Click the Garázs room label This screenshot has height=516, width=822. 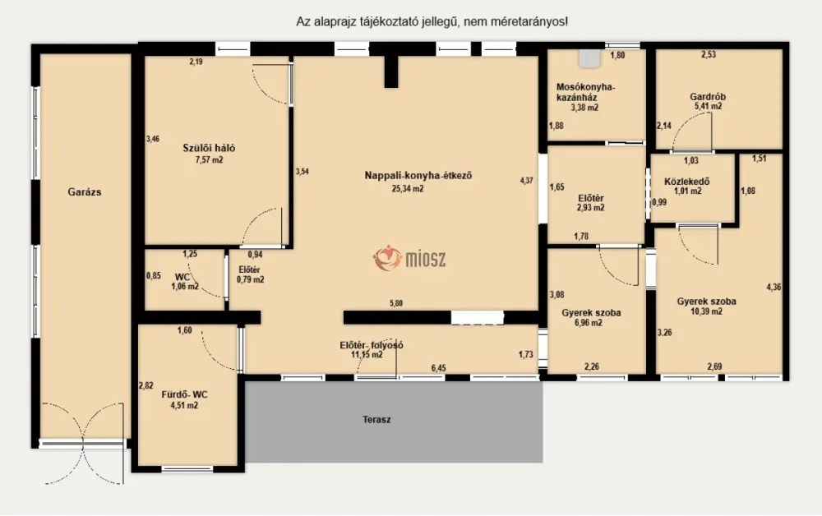(x=85, y=191)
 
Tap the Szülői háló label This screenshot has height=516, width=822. (x=209, y=148)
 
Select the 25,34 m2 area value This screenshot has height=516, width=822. (x=408, y=189)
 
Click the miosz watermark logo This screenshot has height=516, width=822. (x=409, y=258)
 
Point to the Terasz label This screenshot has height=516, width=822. (x=376, y=420)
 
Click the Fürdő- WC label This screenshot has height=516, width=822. (x=184, y=394)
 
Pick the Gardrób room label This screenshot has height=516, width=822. (x=708, y=96)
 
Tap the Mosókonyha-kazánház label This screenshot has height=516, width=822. (x=585, y=92)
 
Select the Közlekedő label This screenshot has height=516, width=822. (x=686, y=182)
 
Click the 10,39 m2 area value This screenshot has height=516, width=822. (x=706, y=311)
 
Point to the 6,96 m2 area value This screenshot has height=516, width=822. (x=589, y=323)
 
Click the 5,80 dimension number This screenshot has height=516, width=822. (x=396, y=303)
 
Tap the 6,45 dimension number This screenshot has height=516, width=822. (x=438, y=368)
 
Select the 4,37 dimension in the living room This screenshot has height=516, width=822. (x=526, y=180)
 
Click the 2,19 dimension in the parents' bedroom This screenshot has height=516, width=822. (x=196, y=62)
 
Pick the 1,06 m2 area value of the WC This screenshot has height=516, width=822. (x=184, y=287)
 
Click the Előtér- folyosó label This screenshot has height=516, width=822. (x=372, y=345)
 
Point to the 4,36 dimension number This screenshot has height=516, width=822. (x=774, y=287)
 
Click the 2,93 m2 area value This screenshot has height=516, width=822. (x=590, y=207)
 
